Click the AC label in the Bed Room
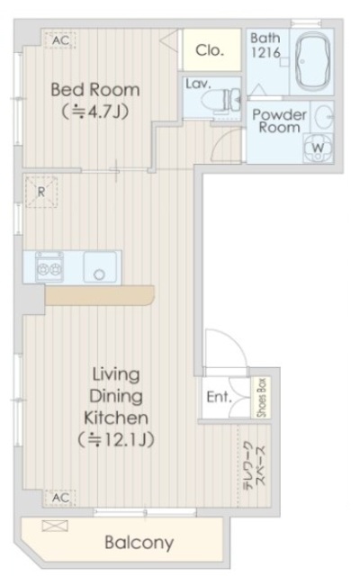[x=60, y=40]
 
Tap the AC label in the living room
[x=60, y=497]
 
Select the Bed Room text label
[x=94, y=89]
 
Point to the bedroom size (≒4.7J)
[x=94, y=112]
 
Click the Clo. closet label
[x=210, y=50]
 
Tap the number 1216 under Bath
[x=265, y=55]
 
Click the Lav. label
[x=197, y=85]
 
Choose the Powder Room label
[x=279, y=121]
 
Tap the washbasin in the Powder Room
[x=323, y=116]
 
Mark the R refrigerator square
[x=41, y=191]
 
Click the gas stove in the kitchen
[x=48, y=266]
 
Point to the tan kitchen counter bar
[x=99, y=296]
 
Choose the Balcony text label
[x=138, y=543]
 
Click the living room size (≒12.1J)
[x=117, y=440]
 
